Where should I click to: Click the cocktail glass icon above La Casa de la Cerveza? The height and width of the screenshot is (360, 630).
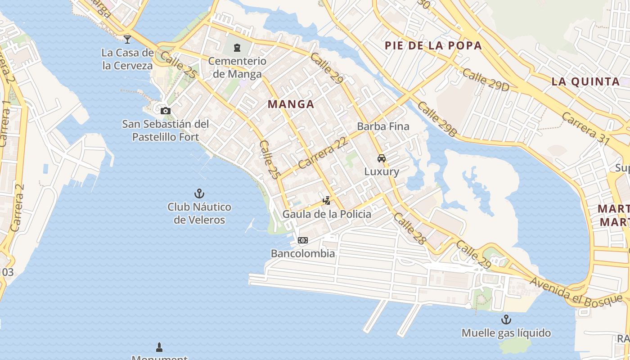127,39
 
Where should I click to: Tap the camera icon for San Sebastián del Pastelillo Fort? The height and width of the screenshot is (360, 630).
166,111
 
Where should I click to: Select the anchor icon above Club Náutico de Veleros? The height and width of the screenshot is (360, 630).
199,193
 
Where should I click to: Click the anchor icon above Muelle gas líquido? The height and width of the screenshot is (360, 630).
506,319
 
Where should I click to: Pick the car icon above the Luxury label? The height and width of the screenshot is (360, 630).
382,158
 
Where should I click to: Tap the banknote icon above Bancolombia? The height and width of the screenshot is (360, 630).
303,240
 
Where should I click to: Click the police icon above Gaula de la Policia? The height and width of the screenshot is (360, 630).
327,201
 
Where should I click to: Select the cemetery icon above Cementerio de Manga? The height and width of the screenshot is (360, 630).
237,47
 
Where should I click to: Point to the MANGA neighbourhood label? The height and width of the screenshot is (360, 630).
291,104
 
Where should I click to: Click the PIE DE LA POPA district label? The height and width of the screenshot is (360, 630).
433,45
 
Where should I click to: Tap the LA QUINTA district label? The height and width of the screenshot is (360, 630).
585,82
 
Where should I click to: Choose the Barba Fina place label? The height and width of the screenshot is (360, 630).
383,126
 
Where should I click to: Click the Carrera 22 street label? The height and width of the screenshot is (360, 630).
323,153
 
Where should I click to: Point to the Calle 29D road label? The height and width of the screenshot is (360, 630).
485,80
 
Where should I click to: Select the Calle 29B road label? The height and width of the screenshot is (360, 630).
436,119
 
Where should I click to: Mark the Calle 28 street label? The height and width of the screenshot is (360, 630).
409,229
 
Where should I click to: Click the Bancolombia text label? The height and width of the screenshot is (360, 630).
303,253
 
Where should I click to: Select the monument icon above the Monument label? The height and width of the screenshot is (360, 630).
159,347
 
